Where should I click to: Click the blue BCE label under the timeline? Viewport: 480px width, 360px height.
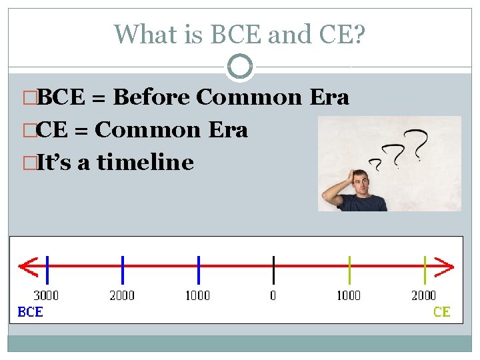[30, 311]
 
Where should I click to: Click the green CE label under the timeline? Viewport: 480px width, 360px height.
[441, 311]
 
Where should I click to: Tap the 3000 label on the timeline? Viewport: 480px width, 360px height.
[46, 295]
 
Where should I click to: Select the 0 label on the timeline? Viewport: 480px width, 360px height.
[273, 295]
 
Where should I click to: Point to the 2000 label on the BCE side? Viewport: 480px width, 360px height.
[122, 295]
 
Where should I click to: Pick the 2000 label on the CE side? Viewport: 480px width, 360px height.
[423, 295]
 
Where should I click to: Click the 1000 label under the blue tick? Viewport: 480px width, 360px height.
[197, 295]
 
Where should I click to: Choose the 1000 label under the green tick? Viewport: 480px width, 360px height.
[348, 295]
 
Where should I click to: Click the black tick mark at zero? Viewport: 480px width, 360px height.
[273, 269]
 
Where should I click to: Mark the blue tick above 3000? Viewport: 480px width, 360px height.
[47, 269]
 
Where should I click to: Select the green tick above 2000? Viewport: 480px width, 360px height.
[425, 269]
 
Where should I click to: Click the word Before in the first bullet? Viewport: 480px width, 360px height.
[153, 97]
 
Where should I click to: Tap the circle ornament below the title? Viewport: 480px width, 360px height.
[240, 67]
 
